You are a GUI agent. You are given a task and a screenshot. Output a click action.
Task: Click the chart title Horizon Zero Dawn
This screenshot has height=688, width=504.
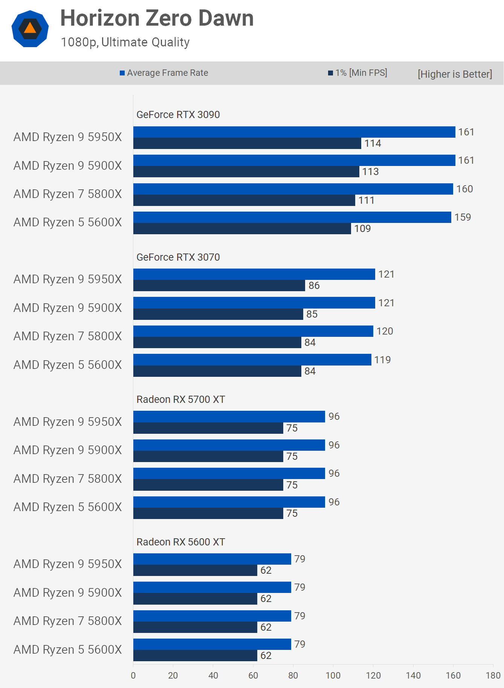(x=157, y=18)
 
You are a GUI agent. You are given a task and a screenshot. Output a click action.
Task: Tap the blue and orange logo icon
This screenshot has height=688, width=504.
(x=30, y=29)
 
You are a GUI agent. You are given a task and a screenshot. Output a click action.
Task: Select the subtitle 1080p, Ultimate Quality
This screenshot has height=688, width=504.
(x=125, y=42)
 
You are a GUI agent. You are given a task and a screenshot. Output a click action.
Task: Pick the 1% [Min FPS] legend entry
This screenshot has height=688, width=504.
(x=357, y=73)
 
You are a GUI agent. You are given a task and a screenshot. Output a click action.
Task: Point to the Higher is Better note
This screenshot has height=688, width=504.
(x=455, y=74)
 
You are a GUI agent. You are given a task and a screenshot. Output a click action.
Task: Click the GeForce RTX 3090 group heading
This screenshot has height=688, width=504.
(x=178, y=115)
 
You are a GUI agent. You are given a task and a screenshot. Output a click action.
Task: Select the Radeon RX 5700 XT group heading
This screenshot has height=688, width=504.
(x=180, y=399)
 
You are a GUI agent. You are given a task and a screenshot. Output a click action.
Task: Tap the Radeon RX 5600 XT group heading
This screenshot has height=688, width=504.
(x=180, y=542)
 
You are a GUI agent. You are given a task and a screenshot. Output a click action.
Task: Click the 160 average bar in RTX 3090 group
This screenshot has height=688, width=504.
(x=293, y=189)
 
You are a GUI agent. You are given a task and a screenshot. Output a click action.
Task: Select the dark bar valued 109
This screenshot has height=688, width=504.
(x=242, y=229)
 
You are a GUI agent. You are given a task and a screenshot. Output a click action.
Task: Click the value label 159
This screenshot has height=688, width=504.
(x=463, y=217)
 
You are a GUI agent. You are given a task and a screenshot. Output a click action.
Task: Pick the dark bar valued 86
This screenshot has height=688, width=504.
(x=219, y=286)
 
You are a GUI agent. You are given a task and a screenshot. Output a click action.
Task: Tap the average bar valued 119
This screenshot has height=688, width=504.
(x=252, y=360)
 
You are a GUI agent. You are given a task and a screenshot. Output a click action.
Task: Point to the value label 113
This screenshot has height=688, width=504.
(x=370, y=172)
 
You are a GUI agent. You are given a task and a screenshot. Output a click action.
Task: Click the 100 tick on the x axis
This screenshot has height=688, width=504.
(x=333, y=676)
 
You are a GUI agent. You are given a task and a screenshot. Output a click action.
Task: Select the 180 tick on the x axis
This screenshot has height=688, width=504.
(x=493, y=676)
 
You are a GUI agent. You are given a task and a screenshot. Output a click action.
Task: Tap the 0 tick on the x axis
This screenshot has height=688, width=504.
(x=133, y=676)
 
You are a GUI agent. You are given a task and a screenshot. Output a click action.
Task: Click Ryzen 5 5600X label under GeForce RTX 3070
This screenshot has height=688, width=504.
(x=68, y=365)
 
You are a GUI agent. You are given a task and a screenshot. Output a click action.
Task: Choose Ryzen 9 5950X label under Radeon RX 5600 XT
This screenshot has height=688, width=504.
(x=68, y=564)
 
